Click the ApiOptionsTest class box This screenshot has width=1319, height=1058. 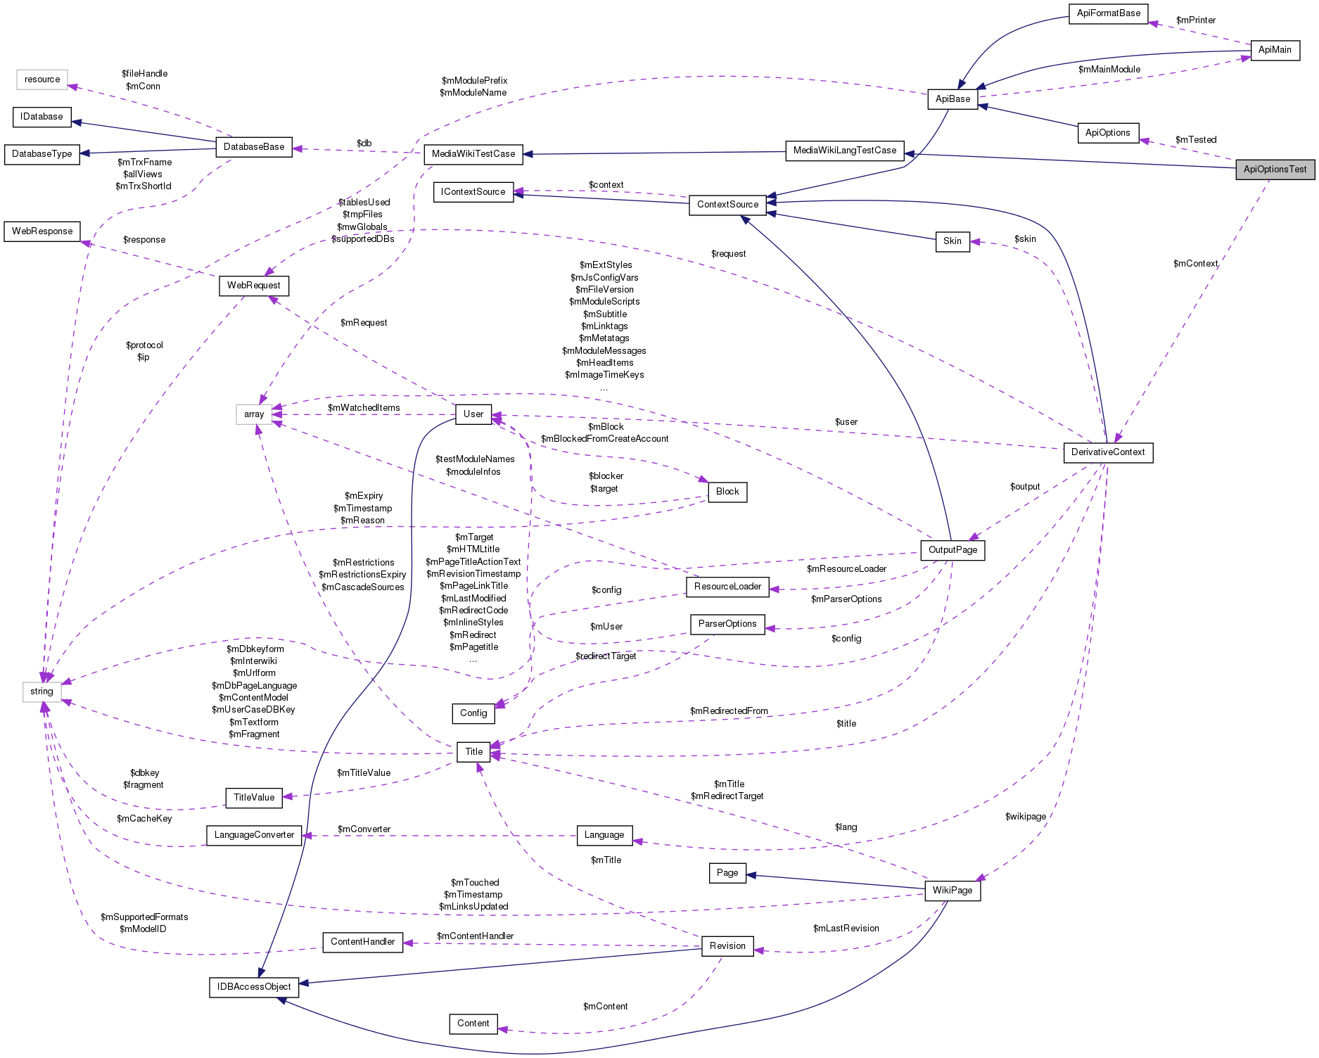[x=1274, y=170]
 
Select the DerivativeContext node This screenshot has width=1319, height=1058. [x=1107, y=452]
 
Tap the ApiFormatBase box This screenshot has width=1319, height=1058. [x=1108, y=13]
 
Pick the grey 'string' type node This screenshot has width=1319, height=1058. [x=42, y=691]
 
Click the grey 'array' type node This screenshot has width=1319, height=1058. [x=254, y=414]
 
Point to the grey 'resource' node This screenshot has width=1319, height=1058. [x=42, y=79]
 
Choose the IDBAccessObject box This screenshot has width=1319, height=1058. [x=254, y=987]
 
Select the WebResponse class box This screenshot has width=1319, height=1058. [x=42, y=231]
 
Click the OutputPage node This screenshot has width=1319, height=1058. [x=952, y=550]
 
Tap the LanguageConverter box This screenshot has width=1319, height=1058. [x=254, y=835]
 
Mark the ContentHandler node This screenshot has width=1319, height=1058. [x=362, y=942]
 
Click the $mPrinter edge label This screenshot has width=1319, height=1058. [x=1195, y=20]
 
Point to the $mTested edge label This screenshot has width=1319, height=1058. [x=1195, y=140]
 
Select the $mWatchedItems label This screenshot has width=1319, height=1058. [x=364, y=408]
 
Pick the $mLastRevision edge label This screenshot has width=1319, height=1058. [x=846, y=929]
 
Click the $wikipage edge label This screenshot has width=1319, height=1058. [x=1025, y=817]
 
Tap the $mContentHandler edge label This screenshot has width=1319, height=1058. [x=475, y=936]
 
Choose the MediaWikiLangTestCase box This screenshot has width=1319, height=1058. [x=844, y=151]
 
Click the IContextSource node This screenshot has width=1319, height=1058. [x=473, y=192]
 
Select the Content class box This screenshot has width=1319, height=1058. [x=473, y=1024]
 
